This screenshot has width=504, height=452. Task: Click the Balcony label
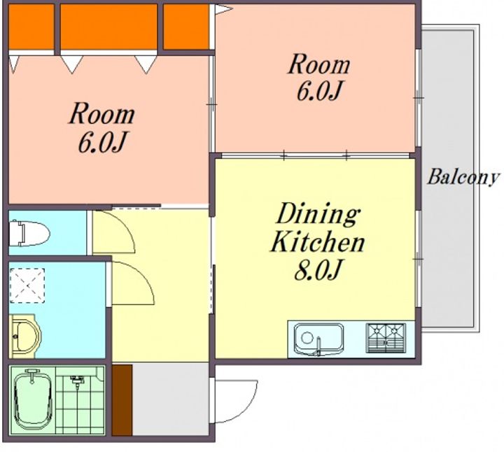[463, 177]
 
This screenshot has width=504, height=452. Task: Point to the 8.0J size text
[317, 269]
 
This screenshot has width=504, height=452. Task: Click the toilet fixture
[29, 233]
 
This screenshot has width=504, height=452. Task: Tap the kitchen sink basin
[319, 339]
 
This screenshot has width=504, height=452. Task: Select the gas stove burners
[386, 338]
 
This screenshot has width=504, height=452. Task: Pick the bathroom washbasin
[25, 336]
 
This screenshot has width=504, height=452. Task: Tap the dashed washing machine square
[27, 285]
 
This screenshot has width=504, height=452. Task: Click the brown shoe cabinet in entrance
[122, 400]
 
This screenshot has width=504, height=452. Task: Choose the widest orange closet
[109, 27]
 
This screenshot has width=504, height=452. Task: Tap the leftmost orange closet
[31, 27]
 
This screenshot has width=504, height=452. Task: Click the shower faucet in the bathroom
[77, 381]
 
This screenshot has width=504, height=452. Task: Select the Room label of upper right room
[319, 64]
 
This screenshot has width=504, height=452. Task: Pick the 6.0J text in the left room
[101, 142]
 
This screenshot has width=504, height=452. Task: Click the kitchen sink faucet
[318, 346]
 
